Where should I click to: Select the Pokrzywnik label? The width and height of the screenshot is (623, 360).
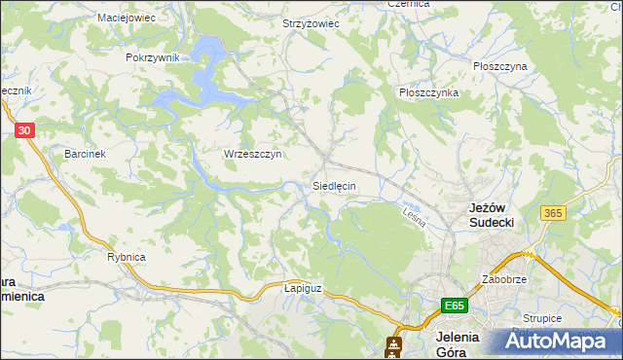153,57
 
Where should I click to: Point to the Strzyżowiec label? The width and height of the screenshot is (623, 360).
311,23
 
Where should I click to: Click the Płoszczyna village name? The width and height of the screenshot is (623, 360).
499,66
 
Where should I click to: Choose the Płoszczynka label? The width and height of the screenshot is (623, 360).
428,92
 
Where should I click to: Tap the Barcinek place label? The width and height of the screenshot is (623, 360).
85,154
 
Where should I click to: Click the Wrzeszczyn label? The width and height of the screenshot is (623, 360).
252,154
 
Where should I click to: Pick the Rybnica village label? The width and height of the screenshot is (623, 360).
126,256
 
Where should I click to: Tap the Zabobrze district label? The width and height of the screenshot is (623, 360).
503,279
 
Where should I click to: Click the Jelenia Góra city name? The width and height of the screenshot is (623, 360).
454,344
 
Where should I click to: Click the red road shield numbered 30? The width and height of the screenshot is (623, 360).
25,129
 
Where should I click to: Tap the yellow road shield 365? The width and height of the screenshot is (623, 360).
554,213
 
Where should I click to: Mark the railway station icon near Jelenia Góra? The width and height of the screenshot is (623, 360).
393,344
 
